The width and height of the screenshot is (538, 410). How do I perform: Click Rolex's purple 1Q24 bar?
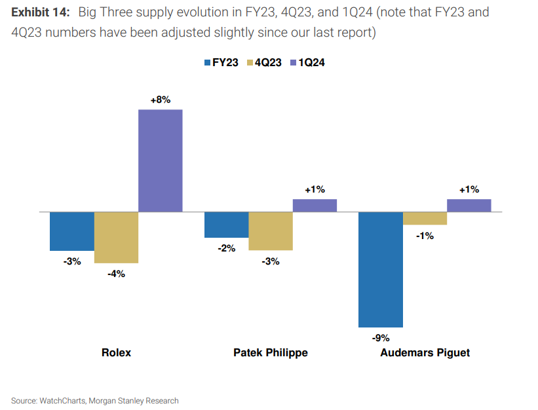tap(160, 160)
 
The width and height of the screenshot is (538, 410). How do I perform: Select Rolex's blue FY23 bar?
tap(72, 231)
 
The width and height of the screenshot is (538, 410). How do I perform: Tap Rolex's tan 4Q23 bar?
tap(116, 237)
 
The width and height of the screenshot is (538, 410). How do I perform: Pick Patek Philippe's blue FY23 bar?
tap(227, 225)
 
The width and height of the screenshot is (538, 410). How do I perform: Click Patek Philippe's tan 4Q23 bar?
tap(271, 231)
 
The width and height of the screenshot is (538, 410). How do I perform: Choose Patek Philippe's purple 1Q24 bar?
tap(315, 206)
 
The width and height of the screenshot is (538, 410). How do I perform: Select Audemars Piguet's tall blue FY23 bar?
tap(381, 269)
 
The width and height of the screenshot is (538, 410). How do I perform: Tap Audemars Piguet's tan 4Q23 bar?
tap(425, 219)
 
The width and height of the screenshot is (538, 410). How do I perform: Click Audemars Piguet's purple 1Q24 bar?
tap(469, 206)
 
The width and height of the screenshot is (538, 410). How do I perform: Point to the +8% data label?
tap(160, 100)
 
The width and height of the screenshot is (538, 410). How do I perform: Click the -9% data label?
tap(381, 338)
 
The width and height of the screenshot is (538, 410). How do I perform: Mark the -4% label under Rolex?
tap(116, 274)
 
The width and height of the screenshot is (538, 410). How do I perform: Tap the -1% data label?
tap(425, 236)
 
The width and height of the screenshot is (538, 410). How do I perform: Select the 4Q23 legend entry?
tap(263, 63)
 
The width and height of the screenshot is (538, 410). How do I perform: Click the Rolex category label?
tap(116, 352)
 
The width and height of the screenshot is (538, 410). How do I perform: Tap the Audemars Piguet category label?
tap(425, 352)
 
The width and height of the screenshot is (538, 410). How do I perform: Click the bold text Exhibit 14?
tap(40, 12)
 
